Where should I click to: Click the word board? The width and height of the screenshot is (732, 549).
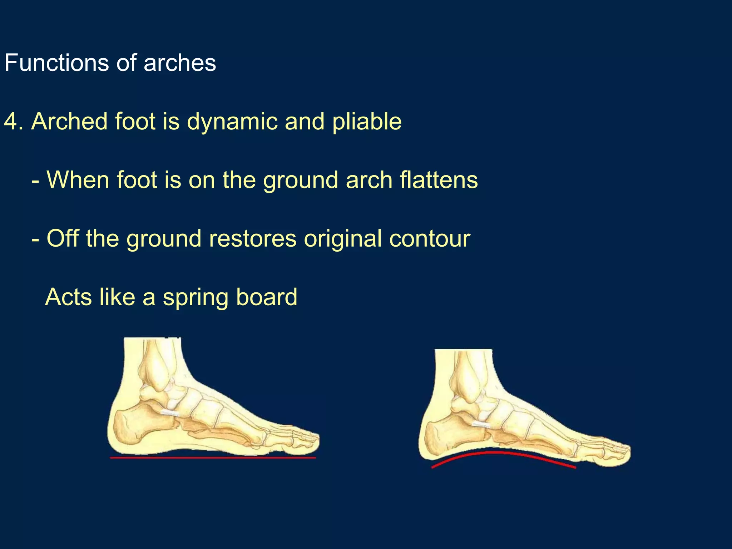[267, 297]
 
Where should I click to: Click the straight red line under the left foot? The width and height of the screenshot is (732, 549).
[213, 457]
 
